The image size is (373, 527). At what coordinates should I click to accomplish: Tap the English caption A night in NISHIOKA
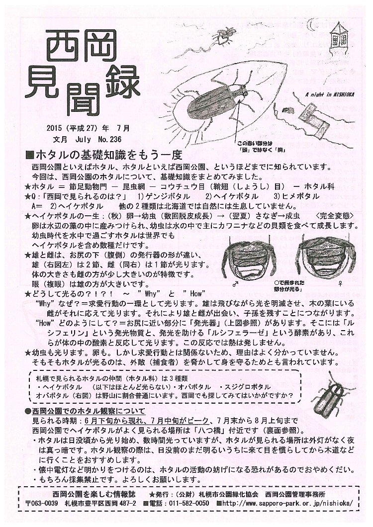(x=330, y=95)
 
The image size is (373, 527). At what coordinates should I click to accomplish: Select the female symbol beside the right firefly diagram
(x=340, y=284)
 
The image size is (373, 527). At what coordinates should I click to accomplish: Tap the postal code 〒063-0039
(x=42, y=503)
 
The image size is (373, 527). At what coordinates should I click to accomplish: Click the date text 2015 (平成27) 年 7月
(x=88, y=128)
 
